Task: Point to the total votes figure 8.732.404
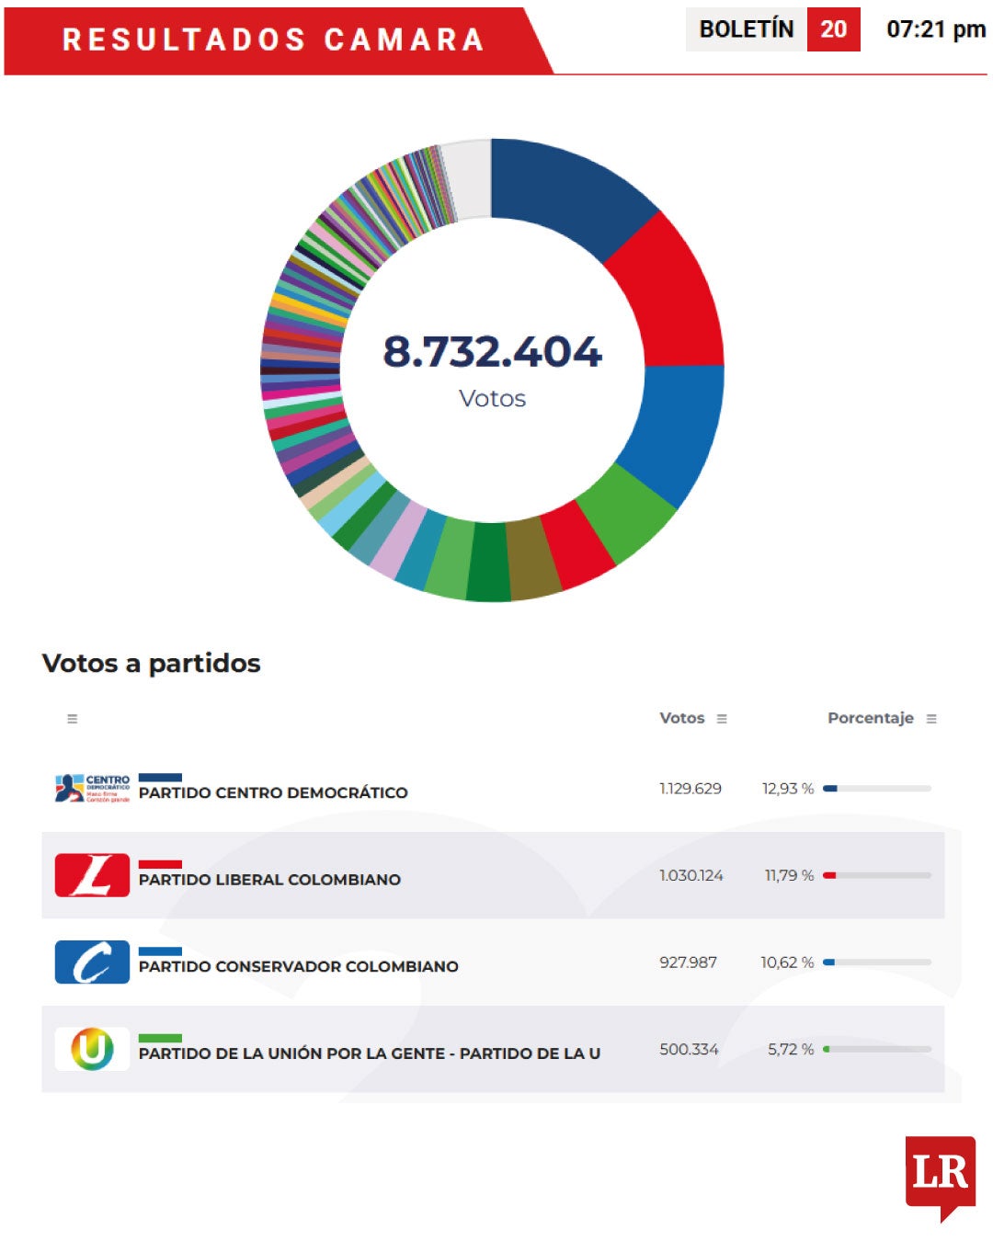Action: pyautogui.click(x=492, y=351)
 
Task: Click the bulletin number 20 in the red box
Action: pyautogui.click(x=833, y=29)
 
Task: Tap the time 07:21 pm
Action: pyautogui.click(x=935, y=29)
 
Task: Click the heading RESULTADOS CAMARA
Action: pyautogui.click(x=273, y=40)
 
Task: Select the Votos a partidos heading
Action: pyautogui.click(x=152, y=663)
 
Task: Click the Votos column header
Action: pyautogui.click(x=682, y=718)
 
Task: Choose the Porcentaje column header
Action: pyautogui.click(x=870, y=718)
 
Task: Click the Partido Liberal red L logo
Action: pyautogui.click(x=92, y=875)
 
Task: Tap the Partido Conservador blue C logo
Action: pyautogui.click(x=92, y=962)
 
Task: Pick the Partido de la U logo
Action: pyautogui.click(x=92, y=1049)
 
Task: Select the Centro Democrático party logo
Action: pyautogui.click(x=92, y=789)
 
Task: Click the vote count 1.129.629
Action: pyautogui.click(x=691, y=789)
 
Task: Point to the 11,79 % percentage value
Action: pyautogui.click(x=789, y=875)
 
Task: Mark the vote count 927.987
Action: pyautogui.click(x=688, y=962)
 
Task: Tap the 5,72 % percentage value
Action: pyautogui.click(x=791, y=1049)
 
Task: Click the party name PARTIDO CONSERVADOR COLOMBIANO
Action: pyautogui.click(x=298, y=966)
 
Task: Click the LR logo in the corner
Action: pyautogui.click(x=940, y=1174)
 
